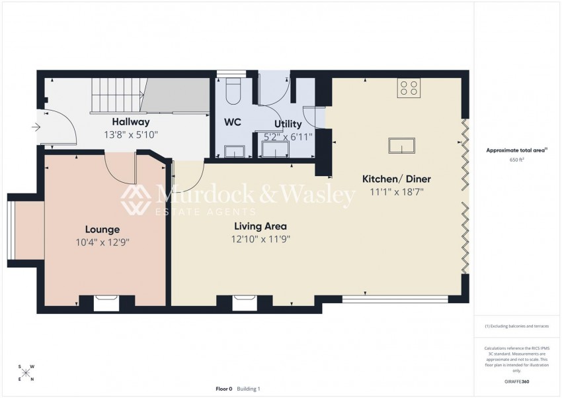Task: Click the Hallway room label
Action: point(130,122)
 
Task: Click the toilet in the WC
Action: point(233,92)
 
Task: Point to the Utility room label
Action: point(288,124)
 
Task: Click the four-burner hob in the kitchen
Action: point(409,88)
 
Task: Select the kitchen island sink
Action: point(401,145)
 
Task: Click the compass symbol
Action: point(26,372)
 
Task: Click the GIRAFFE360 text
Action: point(516,381)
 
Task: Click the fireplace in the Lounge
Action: point(105,302)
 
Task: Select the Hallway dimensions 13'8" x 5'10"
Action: point(130,135)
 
